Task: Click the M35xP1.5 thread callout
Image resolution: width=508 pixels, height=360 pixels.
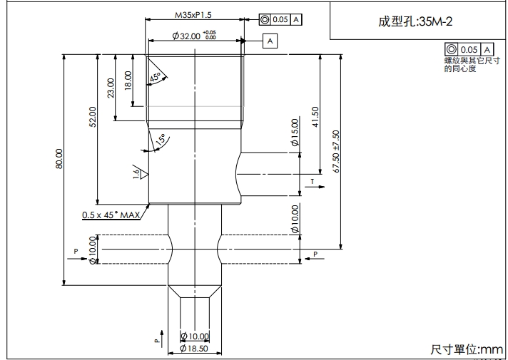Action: pyautogui.click(x=193, y=14)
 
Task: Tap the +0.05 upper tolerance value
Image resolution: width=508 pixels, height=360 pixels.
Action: pyautogui.click(x=209, y=32)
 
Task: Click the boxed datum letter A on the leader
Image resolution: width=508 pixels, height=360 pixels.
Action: pyautogui.click(x=270, y=41)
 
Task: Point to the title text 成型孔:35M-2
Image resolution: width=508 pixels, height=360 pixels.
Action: pyautogui.click(x=415, y=21)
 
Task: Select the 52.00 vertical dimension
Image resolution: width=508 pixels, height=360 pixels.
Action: pyautogui.click(x=92, y=115)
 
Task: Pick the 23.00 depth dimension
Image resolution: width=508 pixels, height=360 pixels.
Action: pyautogui.click(x=111, y=88)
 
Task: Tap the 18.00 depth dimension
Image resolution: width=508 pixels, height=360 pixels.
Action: pyautogui.click(x=128, y=80)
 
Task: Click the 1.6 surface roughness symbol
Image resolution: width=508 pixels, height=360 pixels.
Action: pyautogui.click(x=140, y=172)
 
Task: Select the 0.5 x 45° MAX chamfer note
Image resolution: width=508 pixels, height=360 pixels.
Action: pyautogui.click(x=111, y=215)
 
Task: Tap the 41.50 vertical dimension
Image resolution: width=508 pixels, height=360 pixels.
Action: pyautogui.click(x=315, y=115)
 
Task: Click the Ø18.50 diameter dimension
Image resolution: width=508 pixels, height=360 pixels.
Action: pyautogui.click(x=194, y=349)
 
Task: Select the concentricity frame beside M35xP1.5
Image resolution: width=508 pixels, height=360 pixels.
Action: pyautogui.click(x=280, y=19)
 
